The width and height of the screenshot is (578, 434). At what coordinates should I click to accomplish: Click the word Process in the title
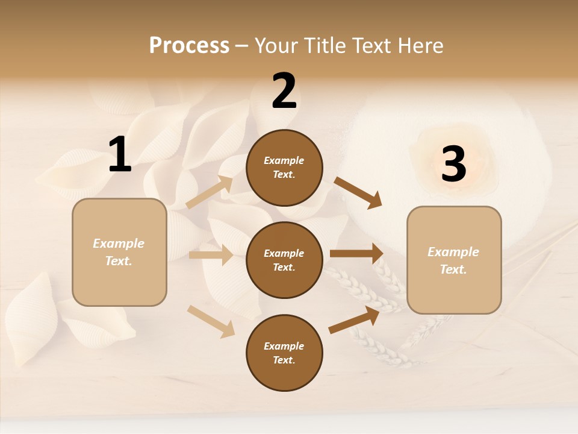(189, 45)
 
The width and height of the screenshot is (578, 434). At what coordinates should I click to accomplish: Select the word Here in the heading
(419, 45)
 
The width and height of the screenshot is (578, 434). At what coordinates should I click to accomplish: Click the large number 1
(120, 155)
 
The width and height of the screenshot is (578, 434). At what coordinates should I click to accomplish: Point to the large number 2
(284, 91)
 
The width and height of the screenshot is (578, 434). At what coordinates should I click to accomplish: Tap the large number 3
(453, 164)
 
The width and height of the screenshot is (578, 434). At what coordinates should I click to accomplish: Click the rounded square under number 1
(119, 252)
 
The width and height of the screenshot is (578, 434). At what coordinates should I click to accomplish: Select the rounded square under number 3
(454, 260)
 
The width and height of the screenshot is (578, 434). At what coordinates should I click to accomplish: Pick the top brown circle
(284, 168)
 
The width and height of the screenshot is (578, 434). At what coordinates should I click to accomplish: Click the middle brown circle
(284, 260)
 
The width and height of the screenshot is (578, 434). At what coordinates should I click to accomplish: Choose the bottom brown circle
(284, 353)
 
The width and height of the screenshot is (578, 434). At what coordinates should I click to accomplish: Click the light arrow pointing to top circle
(210, 192)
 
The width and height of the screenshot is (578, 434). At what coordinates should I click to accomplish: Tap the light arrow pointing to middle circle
(211, 255)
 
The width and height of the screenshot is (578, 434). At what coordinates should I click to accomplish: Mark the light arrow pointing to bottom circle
(211, 321)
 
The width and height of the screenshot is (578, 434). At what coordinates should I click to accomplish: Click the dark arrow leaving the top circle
(358, 193)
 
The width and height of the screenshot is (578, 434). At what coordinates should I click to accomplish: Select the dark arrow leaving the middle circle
(356, 254)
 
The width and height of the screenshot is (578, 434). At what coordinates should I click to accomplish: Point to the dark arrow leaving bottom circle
(354, 320)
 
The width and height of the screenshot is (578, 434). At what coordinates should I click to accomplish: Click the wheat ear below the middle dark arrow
(364, 289)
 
